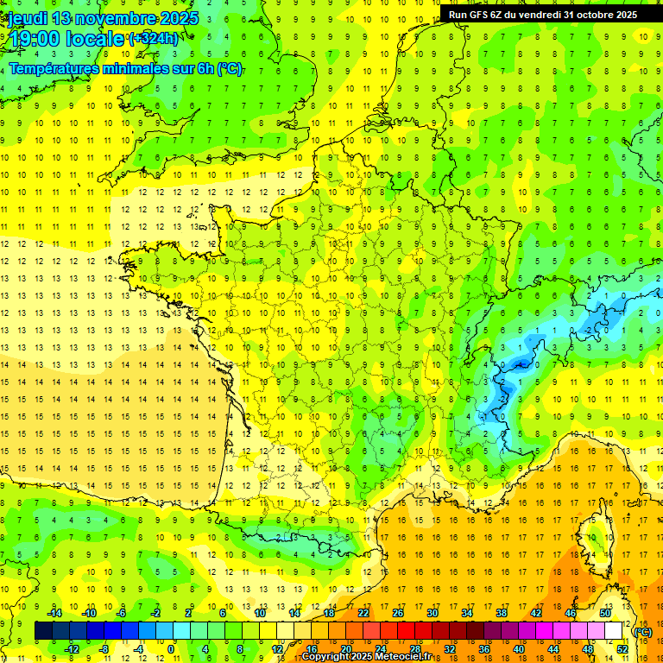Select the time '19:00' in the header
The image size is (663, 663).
(33, 39)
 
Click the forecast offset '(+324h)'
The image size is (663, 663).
(154, 39)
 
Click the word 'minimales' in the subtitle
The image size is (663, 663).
(133, 69)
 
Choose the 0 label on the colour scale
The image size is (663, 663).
(171, 648)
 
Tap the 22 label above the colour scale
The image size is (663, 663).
(363, 613)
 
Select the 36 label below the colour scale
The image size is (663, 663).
(484, 648)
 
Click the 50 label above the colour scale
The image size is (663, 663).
(605, 613)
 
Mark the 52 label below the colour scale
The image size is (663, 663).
(622, 648)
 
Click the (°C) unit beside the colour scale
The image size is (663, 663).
(643, 631)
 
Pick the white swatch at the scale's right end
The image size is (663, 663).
(614, 631)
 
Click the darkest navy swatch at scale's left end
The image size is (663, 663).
(43, 631)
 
